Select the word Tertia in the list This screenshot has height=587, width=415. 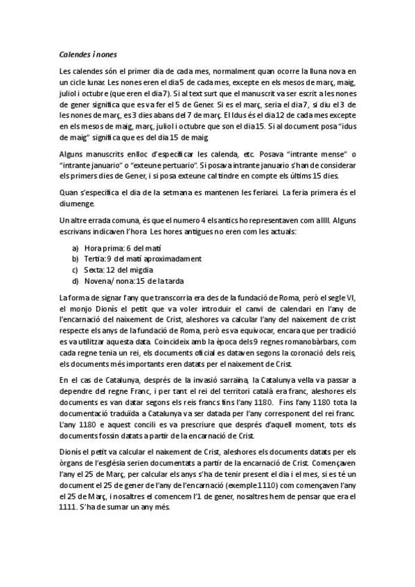pos(94,258)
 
